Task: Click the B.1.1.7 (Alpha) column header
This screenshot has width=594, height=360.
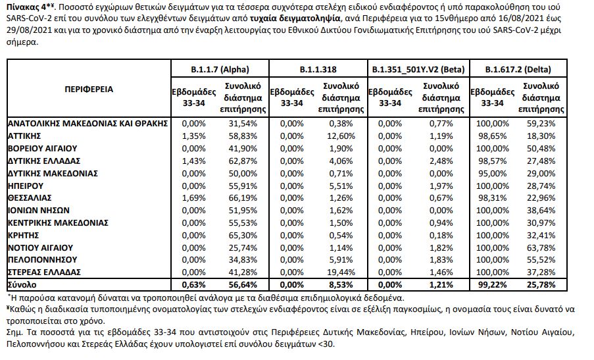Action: [218, 69]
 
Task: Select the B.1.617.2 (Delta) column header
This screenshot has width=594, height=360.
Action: [518, 69]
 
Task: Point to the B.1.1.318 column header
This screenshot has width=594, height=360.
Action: [318, 69]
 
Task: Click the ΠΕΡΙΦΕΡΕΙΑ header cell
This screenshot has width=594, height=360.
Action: [88, 89]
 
